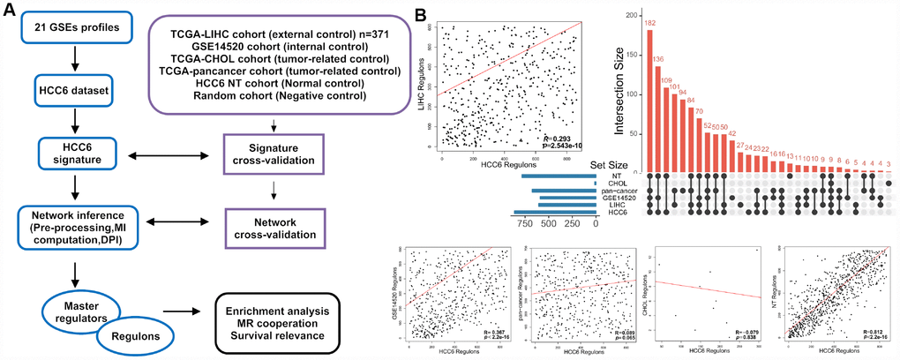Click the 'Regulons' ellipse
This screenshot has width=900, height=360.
pyautogui.click(x=135, y=334)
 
